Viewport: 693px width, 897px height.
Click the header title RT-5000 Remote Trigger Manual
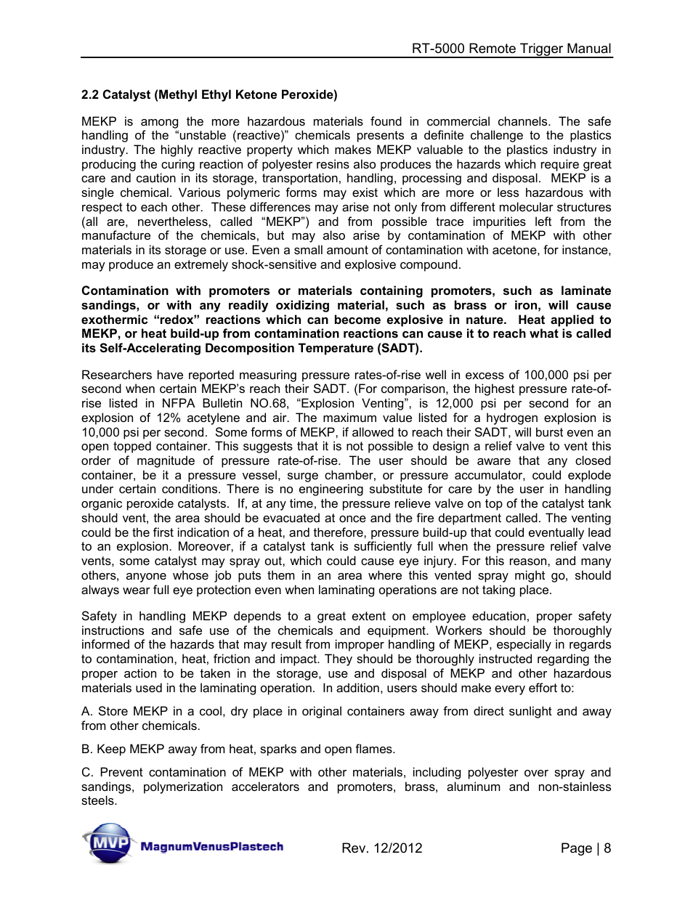click(511, 49)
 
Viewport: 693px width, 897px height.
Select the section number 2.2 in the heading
click(90, 95)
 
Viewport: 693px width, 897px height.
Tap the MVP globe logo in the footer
click(107, 843)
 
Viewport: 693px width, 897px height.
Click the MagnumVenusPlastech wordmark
click(211, 847)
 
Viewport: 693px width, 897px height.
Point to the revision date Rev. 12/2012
click(381, 848)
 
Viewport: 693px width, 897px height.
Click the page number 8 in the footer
click(607, 848)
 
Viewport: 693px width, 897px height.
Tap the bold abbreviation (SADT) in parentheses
click(399, 349)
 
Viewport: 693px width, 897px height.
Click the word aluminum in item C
click(473, 787)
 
